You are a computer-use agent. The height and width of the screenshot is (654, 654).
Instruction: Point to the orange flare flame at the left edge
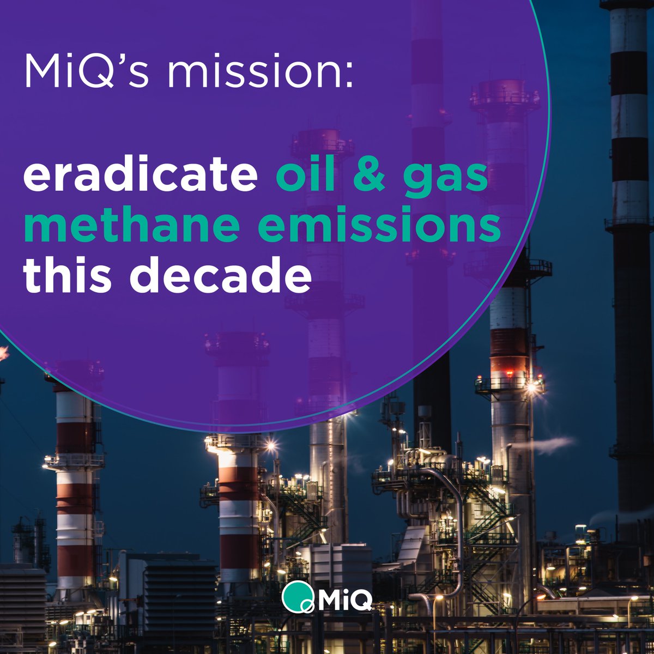[x=3, y=353]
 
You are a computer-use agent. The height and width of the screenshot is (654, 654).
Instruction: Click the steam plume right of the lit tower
[x=550, y=444]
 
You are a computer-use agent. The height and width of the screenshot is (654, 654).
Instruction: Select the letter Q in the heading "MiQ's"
[x=101, y=71]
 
